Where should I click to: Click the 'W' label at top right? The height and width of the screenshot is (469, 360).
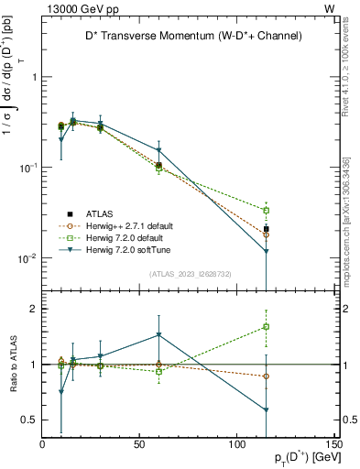pos(329,8)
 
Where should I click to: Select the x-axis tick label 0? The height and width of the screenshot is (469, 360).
pos(43,445)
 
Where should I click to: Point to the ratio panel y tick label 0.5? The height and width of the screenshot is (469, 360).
pos(29,420)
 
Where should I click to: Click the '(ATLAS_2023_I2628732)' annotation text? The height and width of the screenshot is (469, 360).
pos(191,273)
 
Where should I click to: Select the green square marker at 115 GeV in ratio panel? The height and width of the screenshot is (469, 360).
pos(266,326)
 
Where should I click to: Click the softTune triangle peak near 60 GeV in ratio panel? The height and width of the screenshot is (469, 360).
pos(159,335)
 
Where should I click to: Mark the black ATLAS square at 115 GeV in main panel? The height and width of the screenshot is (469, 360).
pos(266,229)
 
